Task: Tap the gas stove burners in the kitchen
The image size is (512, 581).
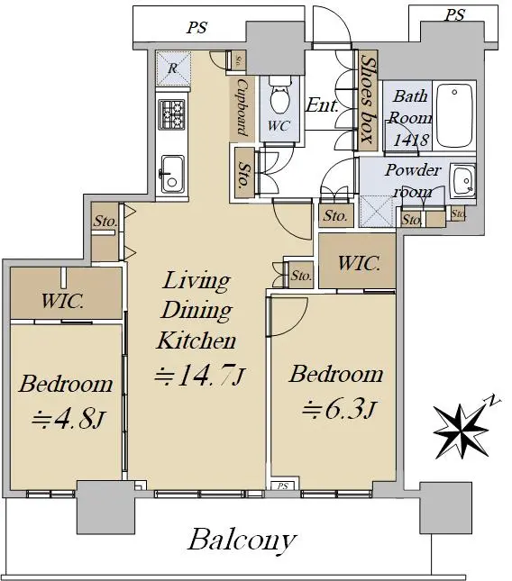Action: click(x=171, y=115)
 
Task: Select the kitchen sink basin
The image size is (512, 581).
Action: click(x=172, y=174)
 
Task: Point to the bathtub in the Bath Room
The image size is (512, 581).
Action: click(x=455, y=115)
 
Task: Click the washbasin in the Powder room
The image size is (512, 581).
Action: click(x=463, y=180)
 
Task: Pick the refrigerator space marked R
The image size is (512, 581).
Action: click(x=173, y=69)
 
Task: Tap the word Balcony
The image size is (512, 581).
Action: click(x=242, y=540)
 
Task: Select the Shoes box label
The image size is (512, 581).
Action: click(x=367, y=99)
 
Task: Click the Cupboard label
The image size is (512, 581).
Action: click(x=242, y=107)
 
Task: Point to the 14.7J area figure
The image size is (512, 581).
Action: click(x=200, y=375)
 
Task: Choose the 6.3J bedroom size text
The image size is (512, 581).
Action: click(x=340, y=409)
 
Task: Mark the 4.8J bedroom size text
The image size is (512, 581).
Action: click(x=69, y=419)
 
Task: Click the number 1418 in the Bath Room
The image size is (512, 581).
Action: click(x=411, y=141)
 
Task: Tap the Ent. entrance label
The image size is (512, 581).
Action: click(x=322, y=105)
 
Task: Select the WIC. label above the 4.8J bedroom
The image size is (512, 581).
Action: click(x=62, y=301)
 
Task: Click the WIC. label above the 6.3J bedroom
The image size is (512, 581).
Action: click(x=359, y=263)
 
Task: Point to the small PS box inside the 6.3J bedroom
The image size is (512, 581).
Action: click(x=283, y=486)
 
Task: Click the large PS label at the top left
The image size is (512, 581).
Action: click(x=197, y=27)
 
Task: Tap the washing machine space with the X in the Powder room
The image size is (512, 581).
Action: click(x=376, y=211)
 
